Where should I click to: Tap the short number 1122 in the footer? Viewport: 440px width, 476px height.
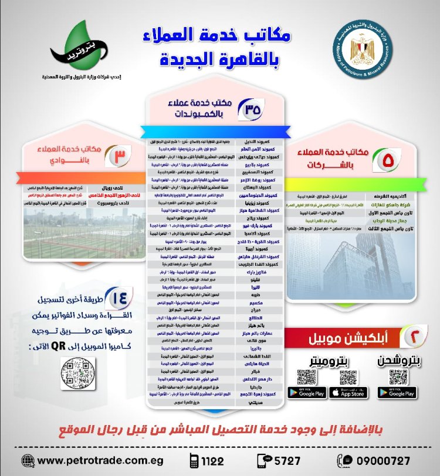pyautogui.click(x=212, y=461)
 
